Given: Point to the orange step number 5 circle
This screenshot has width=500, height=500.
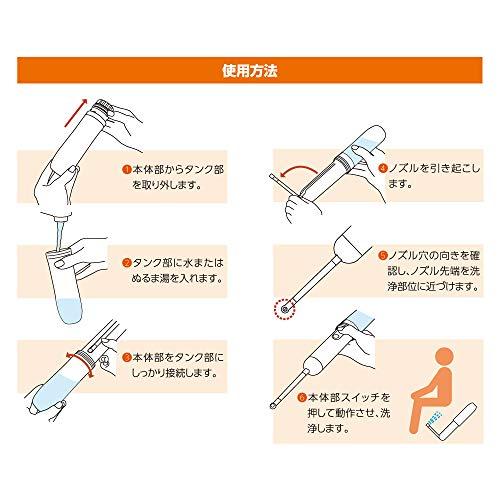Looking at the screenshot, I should click(x=383, y=255).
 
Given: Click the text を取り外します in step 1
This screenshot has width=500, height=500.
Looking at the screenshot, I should click(x=167, y=187).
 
